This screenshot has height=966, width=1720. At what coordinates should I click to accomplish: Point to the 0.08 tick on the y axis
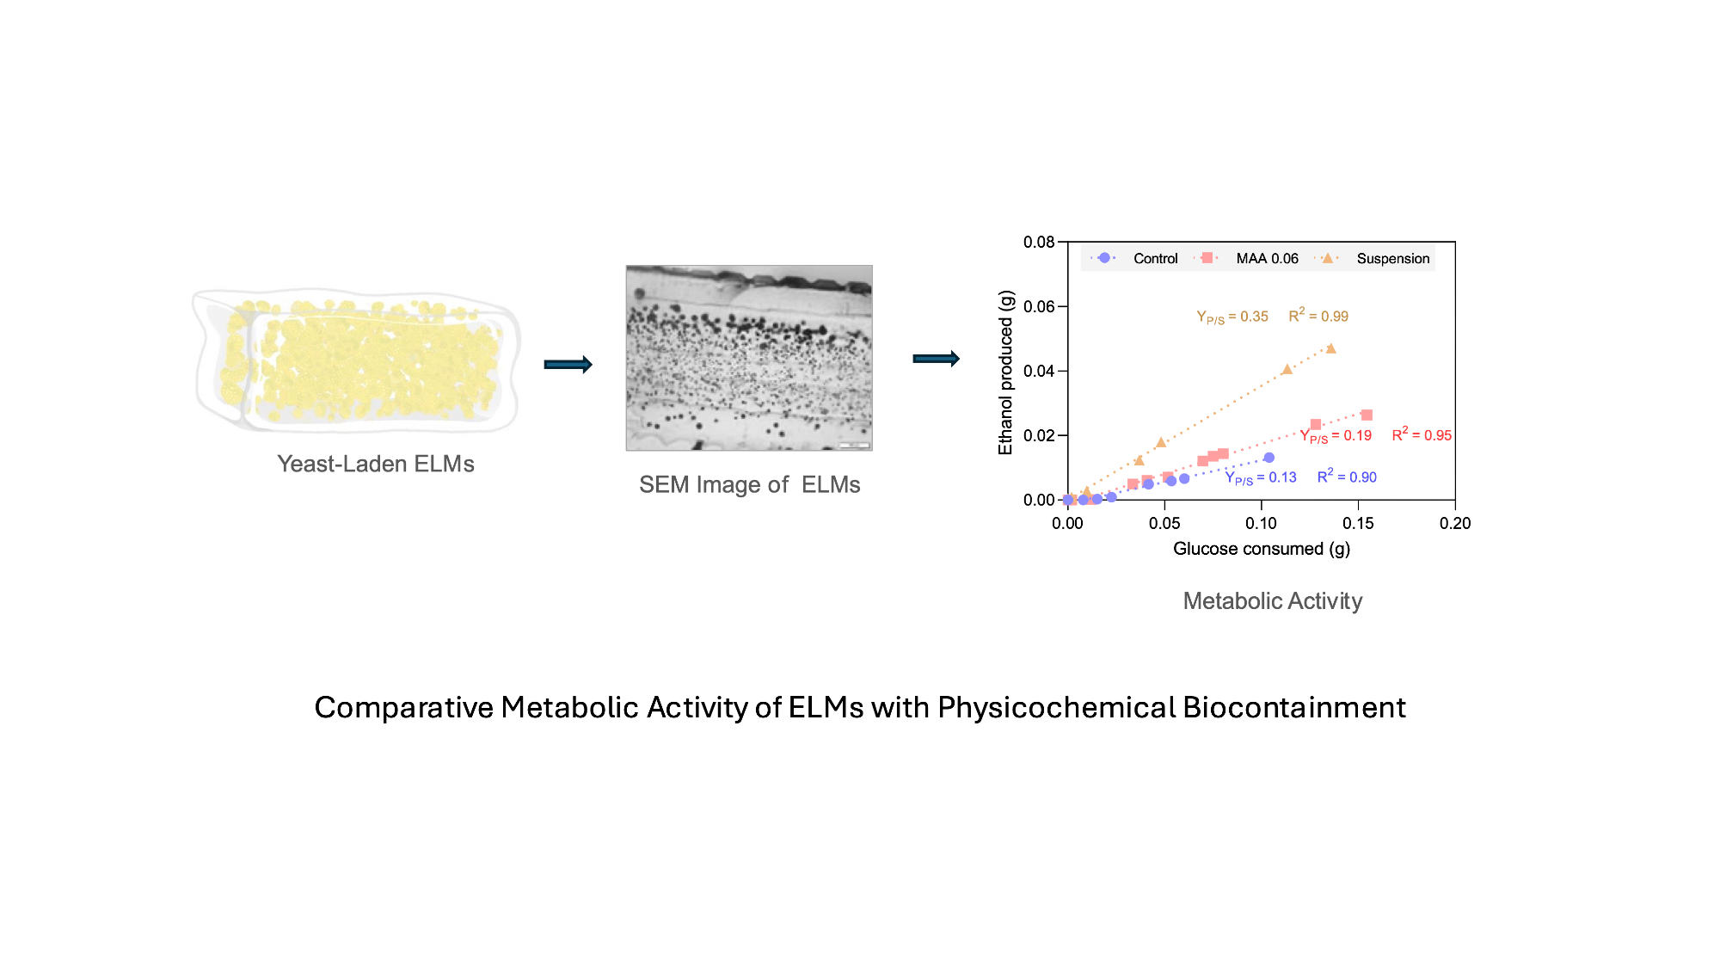pos(1039,243)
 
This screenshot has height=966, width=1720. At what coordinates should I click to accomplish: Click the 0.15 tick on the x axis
pos(1358,523)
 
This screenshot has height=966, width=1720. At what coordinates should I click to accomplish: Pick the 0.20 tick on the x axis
pos(1455,523)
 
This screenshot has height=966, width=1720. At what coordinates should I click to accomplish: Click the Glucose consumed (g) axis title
pos(1262,549)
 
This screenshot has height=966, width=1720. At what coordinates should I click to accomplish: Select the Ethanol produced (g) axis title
pos(1005,372)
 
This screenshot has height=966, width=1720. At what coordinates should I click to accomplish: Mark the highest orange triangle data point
pos(1330,348)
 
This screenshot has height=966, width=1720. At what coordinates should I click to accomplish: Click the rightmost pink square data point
pos(1367,415)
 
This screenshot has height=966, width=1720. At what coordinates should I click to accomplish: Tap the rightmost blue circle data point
pos(1268,458)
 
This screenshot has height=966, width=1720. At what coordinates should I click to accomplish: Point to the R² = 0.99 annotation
pos(1318,316)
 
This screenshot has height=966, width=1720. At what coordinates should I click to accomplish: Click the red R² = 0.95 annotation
pos(1422,434)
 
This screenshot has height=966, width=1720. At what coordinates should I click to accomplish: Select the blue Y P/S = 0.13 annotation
pos(1261,477)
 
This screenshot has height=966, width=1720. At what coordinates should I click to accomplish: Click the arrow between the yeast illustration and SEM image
pos(568,365)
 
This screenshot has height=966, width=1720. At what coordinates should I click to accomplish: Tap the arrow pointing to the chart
pos(937,359)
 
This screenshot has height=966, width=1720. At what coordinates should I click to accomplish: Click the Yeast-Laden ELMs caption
pos(376,464)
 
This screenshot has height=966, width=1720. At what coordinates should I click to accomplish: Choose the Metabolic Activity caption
pos(1272,600)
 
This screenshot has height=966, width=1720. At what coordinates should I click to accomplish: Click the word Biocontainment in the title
pos(1294,707)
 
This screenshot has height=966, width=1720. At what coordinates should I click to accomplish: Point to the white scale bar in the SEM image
pos(854,445)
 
